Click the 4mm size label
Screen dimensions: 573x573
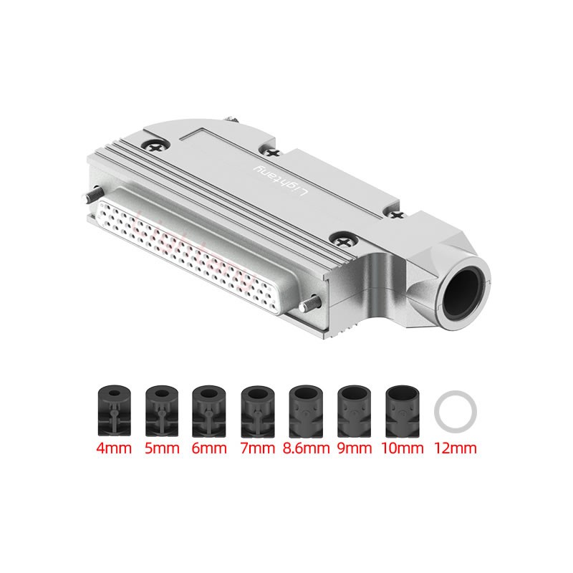tap(114, 448)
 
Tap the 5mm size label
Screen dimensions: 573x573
tap(162, 448)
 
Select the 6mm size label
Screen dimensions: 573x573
tap(209, 448)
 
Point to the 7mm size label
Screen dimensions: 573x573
tap(258, 448)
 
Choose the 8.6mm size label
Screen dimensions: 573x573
tap(307, 448)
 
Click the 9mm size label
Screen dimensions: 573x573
tap(354, 448)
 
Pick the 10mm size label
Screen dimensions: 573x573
tap(402, 448)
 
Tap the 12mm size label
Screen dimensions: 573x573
tap(456, 448)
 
